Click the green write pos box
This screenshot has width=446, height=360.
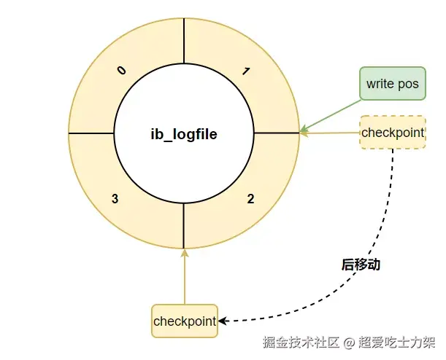[392, 84]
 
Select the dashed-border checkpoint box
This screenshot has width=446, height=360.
[393, 133]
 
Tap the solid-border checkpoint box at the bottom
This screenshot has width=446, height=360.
[185, 321]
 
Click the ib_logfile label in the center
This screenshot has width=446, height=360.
[184, 134]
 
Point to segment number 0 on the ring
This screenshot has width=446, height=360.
[122, 70]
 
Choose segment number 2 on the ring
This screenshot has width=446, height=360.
[250, 198]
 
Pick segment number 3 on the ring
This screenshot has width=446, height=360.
[115, 198]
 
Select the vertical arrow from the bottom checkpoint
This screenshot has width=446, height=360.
[185, 277]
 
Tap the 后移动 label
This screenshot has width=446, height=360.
[361, 265]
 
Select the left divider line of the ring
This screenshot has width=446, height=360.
[91, 133]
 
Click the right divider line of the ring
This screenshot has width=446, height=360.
[277, 133]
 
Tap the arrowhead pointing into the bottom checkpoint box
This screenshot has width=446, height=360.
[223, 321]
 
